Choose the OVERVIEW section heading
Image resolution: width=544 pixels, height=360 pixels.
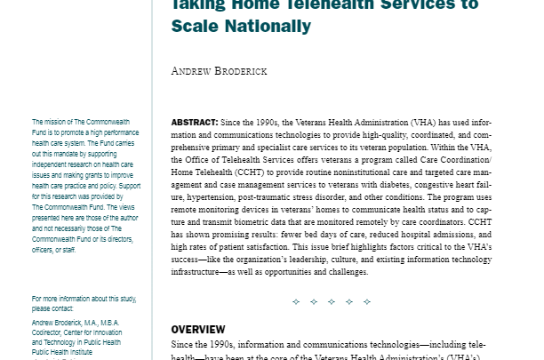pos(197,330)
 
